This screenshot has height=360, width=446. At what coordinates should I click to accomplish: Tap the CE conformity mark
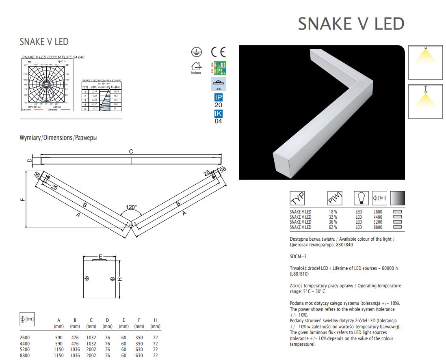(218, 52)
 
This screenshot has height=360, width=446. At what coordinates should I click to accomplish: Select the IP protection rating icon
(218, 97)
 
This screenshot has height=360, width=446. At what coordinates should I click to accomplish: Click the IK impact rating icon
(218, 114)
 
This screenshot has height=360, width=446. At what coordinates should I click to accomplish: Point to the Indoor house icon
(196, 66)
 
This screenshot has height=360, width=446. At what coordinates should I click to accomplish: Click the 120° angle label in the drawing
(131, 207)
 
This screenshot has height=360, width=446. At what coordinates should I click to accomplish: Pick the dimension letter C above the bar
(131, 151)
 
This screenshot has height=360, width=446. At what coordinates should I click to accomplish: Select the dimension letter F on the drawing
(23, 199)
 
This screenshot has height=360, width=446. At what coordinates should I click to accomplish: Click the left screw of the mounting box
(87, 279)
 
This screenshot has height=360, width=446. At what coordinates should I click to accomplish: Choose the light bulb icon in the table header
(359, 198)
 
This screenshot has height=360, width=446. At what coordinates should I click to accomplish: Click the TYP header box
(297, 198)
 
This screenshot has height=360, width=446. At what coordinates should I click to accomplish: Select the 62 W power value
(333, 227)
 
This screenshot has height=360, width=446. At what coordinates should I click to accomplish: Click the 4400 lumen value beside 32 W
(377, 217)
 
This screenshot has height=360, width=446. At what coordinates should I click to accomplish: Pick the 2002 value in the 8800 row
(91, 356)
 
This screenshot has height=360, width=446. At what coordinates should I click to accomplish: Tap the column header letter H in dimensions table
(155, 321)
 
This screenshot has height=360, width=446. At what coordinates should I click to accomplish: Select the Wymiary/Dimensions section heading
(58, 138)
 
